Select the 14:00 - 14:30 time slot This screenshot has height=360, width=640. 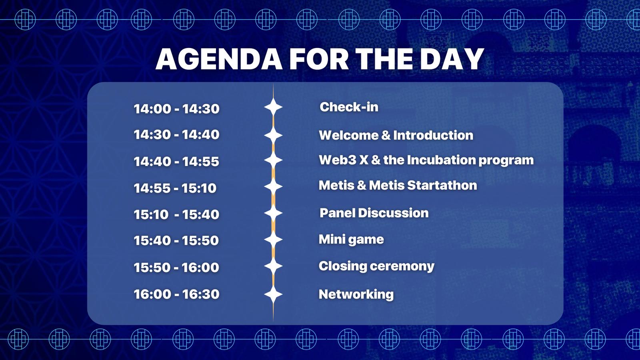click(176, 109)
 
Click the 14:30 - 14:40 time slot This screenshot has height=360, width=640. click(176, 134)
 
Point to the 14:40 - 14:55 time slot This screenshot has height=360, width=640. click(176, 162)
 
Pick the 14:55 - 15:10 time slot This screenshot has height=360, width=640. click(175, 188)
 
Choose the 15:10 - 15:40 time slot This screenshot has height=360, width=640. click(176, 214)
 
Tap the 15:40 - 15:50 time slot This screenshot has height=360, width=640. click(176, 240)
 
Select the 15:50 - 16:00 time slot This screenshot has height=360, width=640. click(176, 268)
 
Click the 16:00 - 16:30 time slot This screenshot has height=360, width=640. click(176, 294)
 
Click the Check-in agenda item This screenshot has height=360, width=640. click(349, 107)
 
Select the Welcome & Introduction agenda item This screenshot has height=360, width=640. click(396, 135)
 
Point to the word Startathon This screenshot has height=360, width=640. click(442, 185)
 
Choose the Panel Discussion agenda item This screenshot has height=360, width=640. click(374, 213)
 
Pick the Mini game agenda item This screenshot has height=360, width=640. click(351, 240)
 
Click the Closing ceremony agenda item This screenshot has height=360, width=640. click(376, 266)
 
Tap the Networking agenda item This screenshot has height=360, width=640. click(356, 294)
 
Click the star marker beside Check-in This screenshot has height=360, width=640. click(273, 107)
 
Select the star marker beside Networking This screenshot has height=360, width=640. click(273, 294)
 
